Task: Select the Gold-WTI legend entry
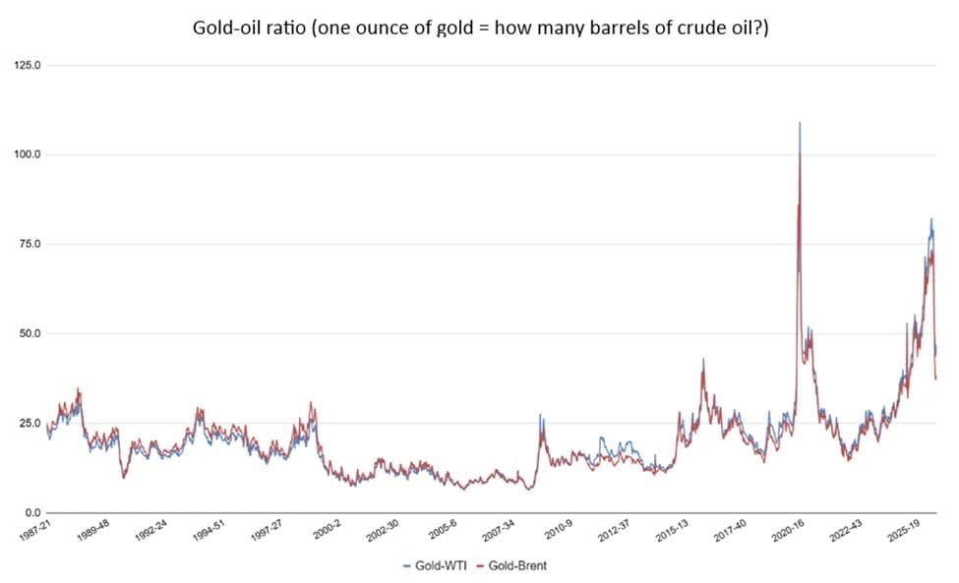point(436,566)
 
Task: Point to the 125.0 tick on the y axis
point(27,66)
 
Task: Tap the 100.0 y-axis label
point(27,155)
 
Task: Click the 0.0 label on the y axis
point(31,512)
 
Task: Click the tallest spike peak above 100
point(800,124)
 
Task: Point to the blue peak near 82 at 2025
point(931,220)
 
